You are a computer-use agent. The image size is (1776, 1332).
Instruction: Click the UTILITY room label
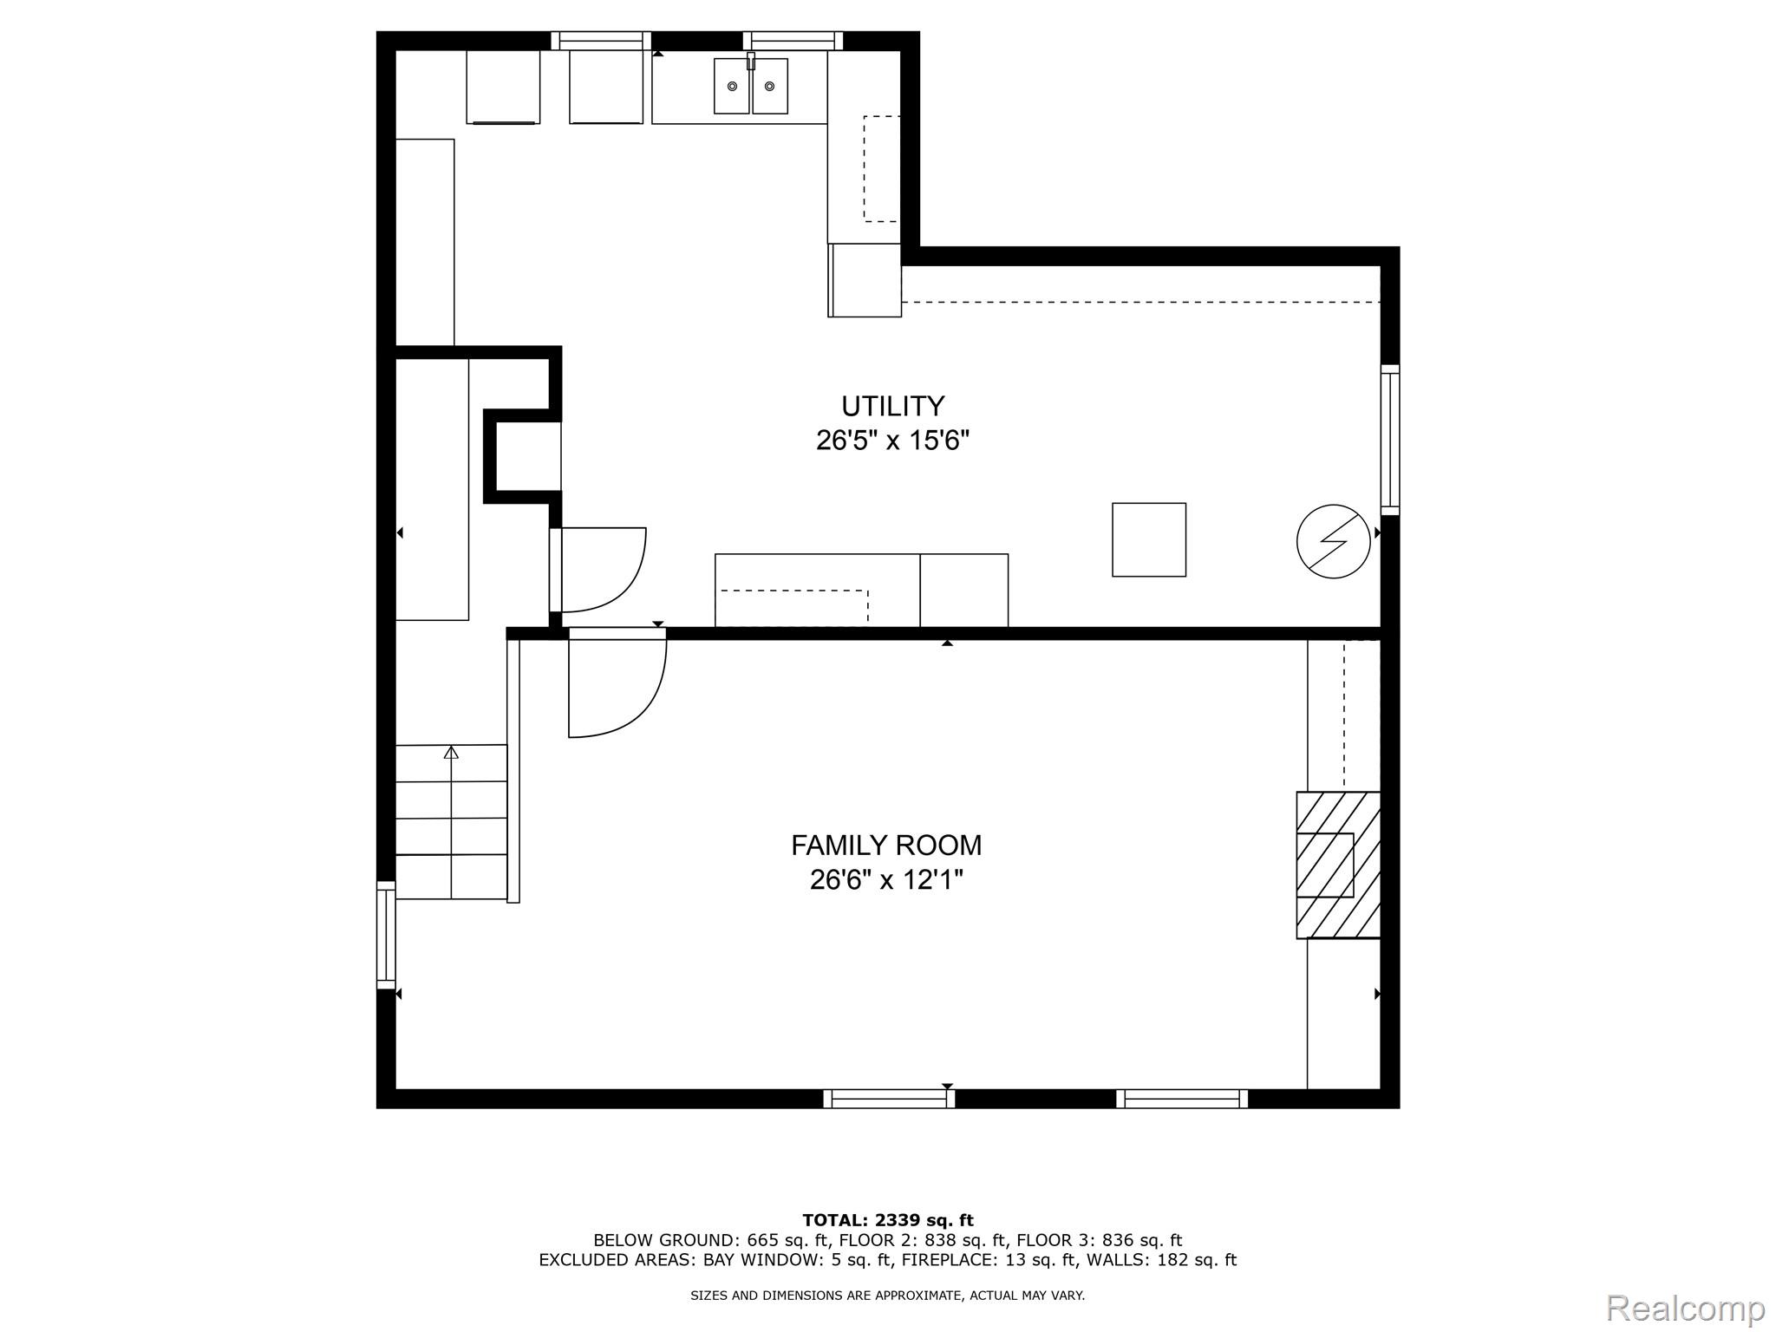tap(892, 406)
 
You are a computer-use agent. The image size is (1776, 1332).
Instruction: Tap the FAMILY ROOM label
tap(885, 845)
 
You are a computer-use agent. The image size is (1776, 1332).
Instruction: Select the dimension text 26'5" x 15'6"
tap(892, 441)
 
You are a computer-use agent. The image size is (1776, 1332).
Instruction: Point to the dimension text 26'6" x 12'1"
tap(885, 880)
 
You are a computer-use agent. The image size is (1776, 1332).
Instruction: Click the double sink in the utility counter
tap(750, 86)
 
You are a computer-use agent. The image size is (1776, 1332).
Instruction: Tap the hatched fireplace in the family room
tap(1337, 865)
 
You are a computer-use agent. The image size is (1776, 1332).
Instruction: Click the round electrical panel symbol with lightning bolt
tap(1333, 542)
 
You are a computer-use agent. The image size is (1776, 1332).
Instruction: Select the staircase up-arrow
tap(451, 753)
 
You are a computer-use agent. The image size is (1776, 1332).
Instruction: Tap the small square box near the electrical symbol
tap(1148, 539)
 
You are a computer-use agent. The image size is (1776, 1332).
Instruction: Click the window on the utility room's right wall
tap(1389, 440)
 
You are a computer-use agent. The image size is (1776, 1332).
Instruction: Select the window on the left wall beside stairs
tap(386, 934)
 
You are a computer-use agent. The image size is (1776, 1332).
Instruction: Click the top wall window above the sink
tap(793, 40)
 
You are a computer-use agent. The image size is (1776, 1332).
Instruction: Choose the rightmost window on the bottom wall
tap(1182, 1099)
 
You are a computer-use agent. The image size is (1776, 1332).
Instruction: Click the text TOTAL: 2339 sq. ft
tap(887, 1220)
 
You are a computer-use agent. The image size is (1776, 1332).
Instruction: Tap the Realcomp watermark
tap(1685, 1308)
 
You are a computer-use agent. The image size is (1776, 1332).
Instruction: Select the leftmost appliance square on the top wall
tap(503, 87)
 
